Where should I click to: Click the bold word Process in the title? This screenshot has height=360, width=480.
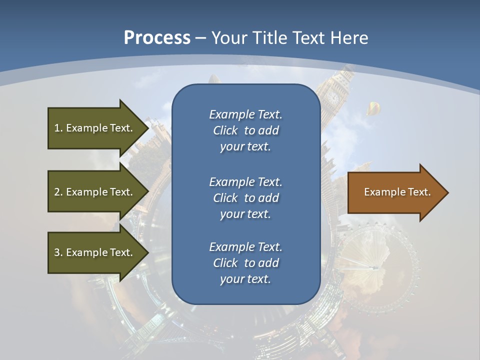tap(157, 38)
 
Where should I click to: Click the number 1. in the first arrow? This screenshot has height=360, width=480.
tap(58, 128)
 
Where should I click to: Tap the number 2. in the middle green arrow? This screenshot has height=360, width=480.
tap(58, 192)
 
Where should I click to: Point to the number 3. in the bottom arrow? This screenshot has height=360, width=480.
tap(58, 252)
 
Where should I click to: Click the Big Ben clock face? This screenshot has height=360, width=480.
tap(332, 96)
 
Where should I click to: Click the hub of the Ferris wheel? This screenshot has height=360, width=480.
tap(372, 267)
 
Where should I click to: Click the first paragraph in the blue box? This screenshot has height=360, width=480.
tap(245, 130)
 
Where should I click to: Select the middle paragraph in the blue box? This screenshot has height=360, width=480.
tap(245, 198)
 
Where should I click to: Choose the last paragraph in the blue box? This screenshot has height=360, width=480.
tap(245, 263)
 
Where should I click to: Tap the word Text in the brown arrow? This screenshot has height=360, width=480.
tap(418, 192)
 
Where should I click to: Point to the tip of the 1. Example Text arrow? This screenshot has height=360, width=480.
tap(147, 128)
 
